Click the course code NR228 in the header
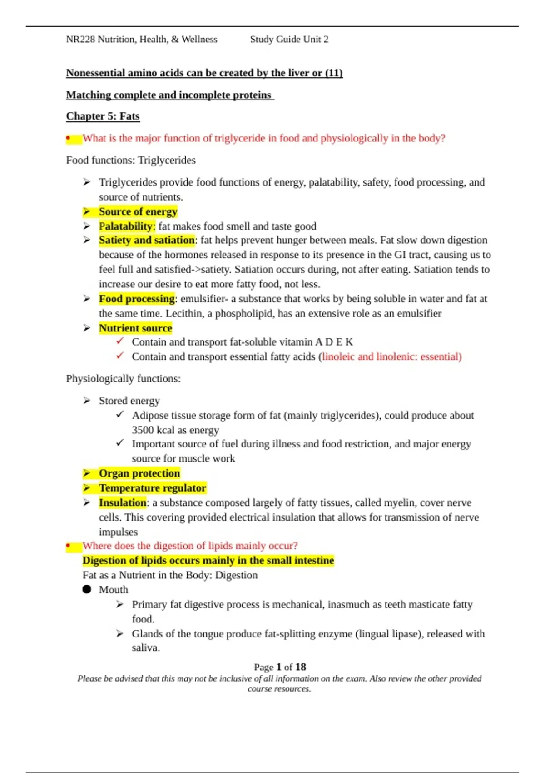point(80,40)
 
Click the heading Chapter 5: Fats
point(103,116)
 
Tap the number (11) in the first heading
point(333,73)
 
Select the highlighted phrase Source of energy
point(138,212)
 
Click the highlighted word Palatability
point(126,226)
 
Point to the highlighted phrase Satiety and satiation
point(146,240)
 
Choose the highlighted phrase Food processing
point(136,299)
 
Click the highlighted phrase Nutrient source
point(135,328)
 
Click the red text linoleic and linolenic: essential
point(391,357)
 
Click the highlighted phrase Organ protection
point(139,473)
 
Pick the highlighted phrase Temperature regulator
point(152,488)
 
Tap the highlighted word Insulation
point(122,502)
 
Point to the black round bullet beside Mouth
point(87,589)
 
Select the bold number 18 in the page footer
point(300,667)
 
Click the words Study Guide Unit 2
point(289,40)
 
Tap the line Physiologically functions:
point(123,379)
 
